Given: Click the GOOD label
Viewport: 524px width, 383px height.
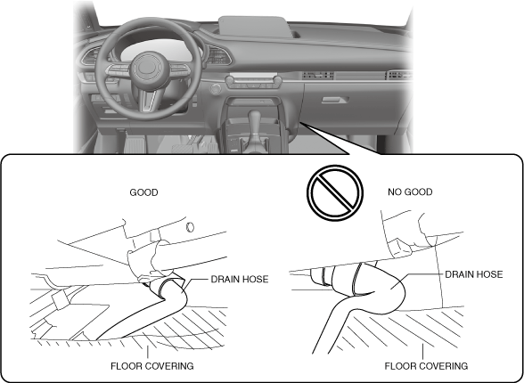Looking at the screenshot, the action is pos(143,192).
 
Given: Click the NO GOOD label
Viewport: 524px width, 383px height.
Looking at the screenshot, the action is pos(410,192).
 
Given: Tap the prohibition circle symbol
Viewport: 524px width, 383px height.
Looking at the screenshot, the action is pos(335,192).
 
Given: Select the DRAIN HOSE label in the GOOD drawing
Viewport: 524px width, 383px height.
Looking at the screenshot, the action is pos(240,279).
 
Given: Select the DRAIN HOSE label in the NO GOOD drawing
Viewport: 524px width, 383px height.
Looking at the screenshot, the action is pos(474,274).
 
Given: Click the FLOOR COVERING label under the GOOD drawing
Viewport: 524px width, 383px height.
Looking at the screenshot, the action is pos(152,366).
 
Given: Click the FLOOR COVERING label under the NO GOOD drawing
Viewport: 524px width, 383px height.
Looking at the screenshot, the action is pos(426,366).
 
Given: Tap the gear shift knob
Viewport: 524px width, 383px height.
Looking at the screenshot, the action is pos(254,118).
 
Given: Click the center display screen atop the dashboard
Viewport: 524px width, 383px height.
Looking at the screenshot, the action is pos(254,27).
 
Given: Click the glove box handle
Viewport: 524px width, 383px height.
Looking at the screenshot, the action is pos(335,100).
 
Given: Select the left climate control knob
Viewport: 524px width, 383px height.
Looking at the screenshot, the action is pos(230,80).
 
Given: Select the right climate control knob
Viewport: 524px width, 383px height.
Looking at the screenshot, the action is pos(277,80).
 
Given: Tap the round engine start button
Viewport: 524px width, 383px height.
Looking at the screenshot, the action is pos(216,89).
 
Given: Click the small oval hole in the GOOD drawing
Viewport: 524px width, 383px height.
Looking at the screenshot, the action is pos(190,227).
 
